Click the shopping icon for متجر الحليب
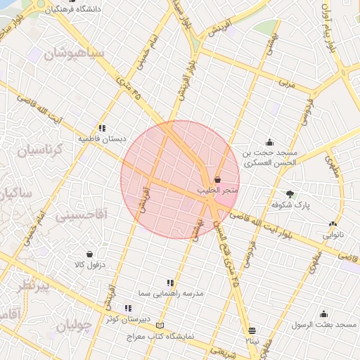pyautogui.click(x=217, y=180)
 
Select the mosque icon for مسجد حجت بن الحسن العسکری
pyautogui.click(x=269, y=143)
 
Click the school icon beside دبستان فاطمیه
pyautogui.click(x=102, y=128)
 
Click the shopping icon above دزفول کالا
pyautogui.click(x=89, y=254)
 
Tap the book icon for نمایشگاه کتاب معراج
pyautogui.click(x=161, y=326)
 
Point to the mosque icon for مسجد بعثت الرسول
pyautogui.click(x=323, y=314)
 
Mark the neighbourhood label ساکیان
pyautogui.click(x=15, y=192)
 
